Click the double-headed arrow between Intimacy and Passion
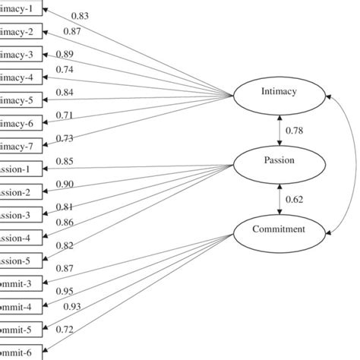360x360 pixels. pyautogui.click(x=280, y=128)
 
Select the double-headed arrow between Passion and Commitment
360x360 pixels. pyautogui.click(x=280, y=195)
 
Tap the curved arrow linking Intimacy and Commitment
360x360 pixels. pyautogui.click(x=351, y=161)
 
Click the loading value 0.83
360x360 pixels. pyautogui.click(x=80, y=15)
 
